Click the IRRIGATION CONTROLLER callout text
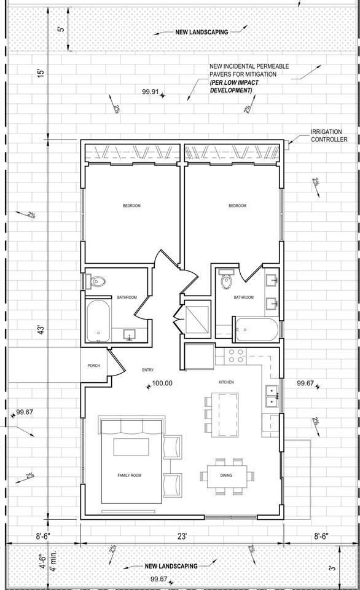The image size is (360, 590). pos(329,136)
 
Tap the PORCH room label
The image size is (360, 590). pos(93,366)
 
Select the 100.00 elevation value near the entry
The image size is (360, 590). pos(162,383)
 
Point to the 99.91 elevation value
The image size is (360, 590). pos(150,92)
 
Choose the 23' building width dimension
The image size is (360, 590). pos(182,536)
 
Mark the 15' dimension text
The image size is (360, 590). pos(41,73)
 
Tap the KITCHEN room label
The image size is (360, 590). pos(226,382)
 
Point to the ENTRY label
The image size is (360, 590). pos(147,369)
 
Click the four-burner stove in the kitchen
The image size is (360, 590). pos(237,355)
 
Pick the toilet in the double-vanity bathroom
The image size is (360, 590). pos(226,280)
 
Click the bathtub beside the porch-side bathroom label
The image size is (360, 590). pos(99,321)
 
